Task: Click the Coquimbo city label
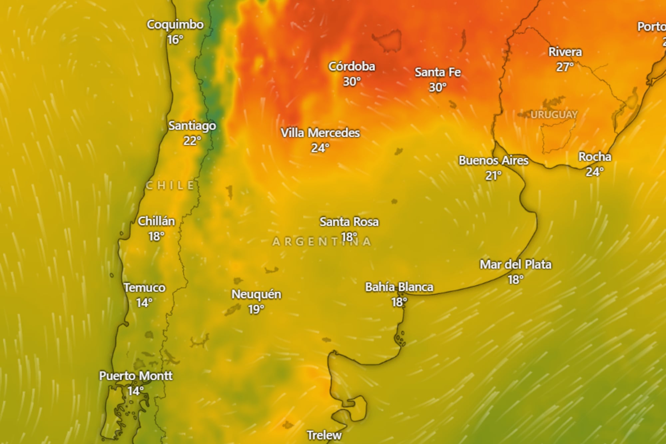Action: (x=175, y=25)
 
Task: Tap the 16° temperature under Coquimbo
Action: (x=175, y=40)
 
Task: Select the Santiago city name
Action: (x=192, y=126)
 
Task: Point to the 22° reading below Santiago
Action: (x=192, y=141)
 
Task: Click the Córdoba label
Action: (x=352, y=67)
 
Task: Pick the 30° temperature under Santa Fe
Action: (x=438, y=87)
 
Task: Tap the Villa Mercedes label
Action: (x=320, y=133)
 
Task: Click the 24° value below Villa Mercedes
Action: (x=320, y=148)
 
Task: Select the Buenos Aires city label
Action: (x=494, y=161)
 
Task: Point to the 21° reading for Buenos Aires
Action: (x=493, y=176)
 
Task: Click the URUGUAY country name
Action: (x=554, y=115)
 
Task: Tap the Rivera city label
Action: (x=565, y=52)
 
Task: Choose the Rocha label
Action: (x=595, y=157)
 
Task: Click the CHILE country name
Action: (x=170, y=186)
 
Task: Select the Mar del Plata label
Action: (x=515, y=264)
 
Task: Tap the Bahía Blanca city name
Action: (x=399, y=287)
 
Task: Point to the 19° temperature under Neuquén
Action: (x=256, y=309)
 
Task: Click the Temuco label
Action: (x=145, y=288)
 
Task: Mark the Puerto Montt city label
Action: (x=136, y=376)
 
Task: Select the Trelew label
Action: (x=324, y=435)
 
